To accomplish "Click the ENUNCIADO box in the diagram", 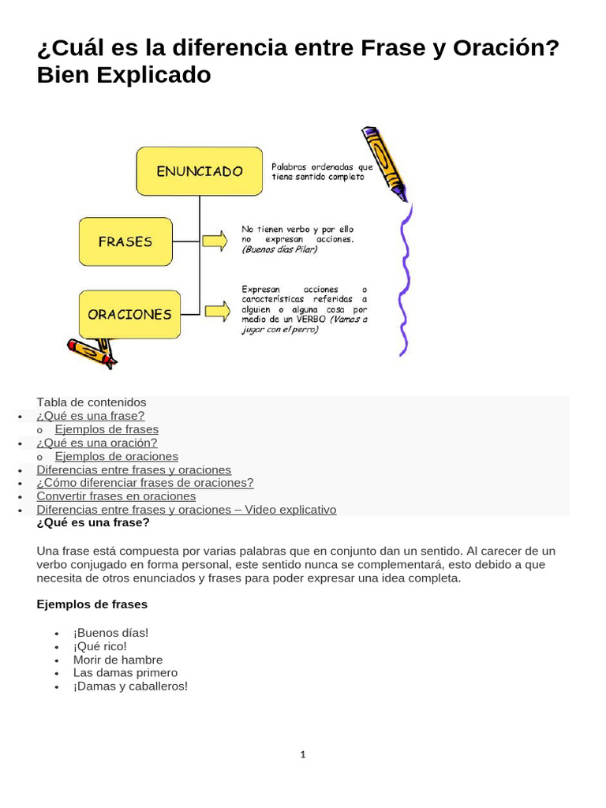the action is [199, 170].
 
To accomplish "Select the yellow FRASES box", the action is [125, 241].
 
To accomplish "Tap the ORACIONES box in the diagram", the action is [129, 314].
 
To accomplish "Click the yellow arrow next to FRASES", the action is [215, 241].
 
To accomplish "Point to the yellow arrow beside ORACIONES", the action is [218, 311].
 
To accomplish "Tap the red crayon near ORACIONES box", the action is [91, 351].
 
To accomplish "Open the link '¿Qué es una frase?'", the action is [90, 416].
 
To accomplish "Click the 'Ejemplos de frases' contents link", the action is [107, 429].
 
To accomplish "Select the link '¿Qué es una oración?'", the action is [96, 443].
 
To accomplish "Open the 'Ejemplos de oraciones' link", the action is [116, 456].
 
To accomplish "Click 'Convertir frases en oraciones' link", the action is [116, 496].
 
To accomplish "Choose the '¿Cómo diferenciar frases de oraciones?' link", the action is [145, 483].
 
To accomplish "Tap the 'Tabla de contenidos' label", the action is [92, 402].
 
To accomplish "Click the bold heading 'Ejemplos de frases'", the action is [92, 604].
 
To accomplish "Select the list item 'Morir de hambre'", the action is [118, 660].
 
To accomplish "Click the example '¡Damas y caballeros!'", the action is [130, 686].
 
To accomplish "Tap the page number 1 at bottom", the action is [302, 755].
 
